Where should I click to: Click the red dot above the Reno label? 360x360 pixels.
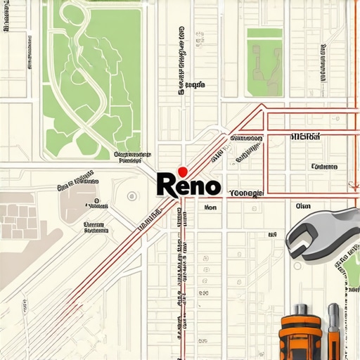coord(183,171)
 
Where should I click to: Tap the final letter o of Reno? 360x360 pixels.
coord(212,186)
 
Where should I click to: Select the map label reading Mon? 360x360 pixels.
coord(210,208)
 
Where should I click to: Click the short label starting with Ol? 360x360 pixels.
coord(303,207)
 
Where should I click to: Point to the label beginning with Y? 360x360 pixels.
coord(246,193)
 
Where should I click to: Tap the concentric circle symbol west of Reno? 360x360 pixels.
coord(131,198)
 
